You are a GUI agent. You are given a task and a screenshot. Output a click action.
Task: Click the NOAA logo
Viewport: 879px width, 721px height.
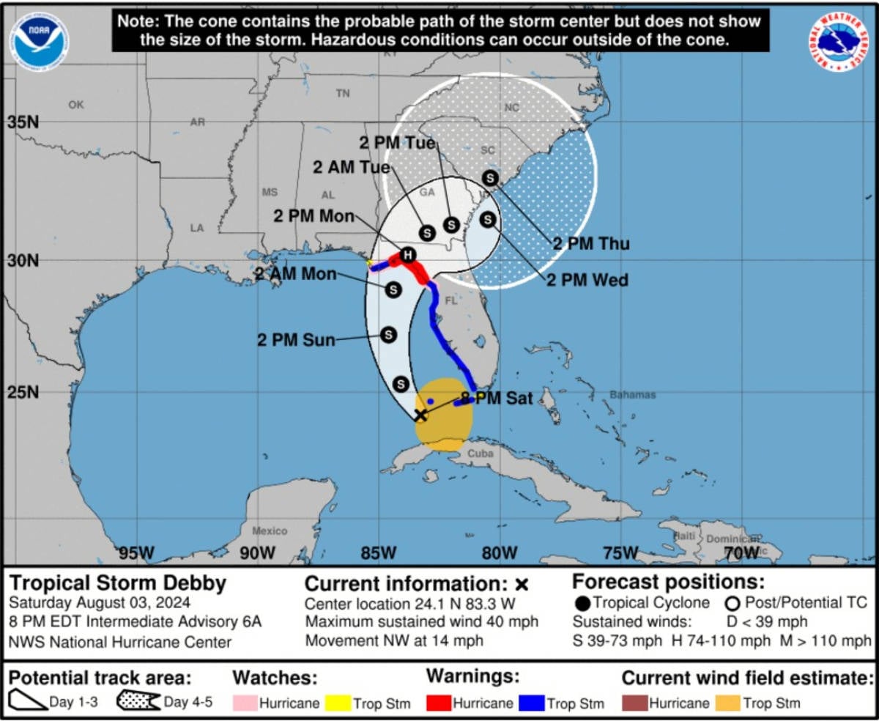[39, 37]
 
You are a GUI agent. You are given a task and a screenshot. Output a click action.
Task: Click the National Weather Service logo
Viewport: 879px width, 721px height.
[839, 42]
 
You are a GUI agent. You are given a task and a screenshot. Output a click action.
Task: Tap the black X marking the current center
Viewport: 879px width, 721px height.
[420, 415]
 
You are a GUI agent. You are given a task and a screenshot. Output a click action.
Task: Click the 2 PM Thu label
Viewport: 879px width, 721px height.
[591, 244]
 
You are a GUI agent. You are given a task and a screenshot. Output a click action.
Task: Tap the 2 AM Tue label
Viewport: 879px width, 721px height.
[352, 167]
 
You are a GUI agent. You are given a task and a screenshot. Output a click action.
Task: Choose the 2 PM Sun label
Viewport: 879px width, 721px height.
[296, 340]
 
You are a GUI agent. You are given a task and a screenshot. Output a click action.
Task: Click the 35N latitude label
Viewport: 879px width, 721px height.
[23, 122]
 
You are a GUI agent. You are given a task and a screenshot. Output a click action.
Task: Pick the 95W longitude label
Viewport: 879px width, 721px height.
[137, 552]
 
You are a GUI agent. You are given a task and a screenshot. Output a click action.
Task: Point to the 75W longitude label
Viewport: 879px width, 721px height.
[620, 552]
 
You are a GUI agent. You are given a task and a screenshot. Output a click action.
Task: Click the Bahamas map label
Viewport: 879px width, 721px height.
[632, 395]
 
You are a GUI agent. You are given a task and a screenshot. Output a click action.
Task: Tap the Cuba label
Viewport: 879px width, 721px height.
[481, 454]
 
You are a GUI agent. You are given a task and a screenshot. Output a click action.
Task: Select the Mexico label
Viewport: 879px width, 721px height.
[270, 530]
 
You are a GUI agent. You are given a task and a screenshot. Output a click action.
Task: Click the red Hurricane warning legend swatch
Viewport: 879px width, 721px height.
[438, 703]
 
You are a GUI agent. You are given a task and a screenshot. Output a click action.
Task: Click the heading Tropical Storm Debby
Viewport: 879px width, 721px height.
[118, 584]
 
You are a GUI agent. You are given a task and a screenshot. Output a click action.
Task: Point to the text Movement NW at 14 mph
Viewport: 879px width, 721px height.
[394, 640]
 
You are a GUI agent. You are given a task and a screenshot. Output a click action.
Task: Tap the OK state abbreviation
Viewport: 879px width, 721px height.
[76, 105]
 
